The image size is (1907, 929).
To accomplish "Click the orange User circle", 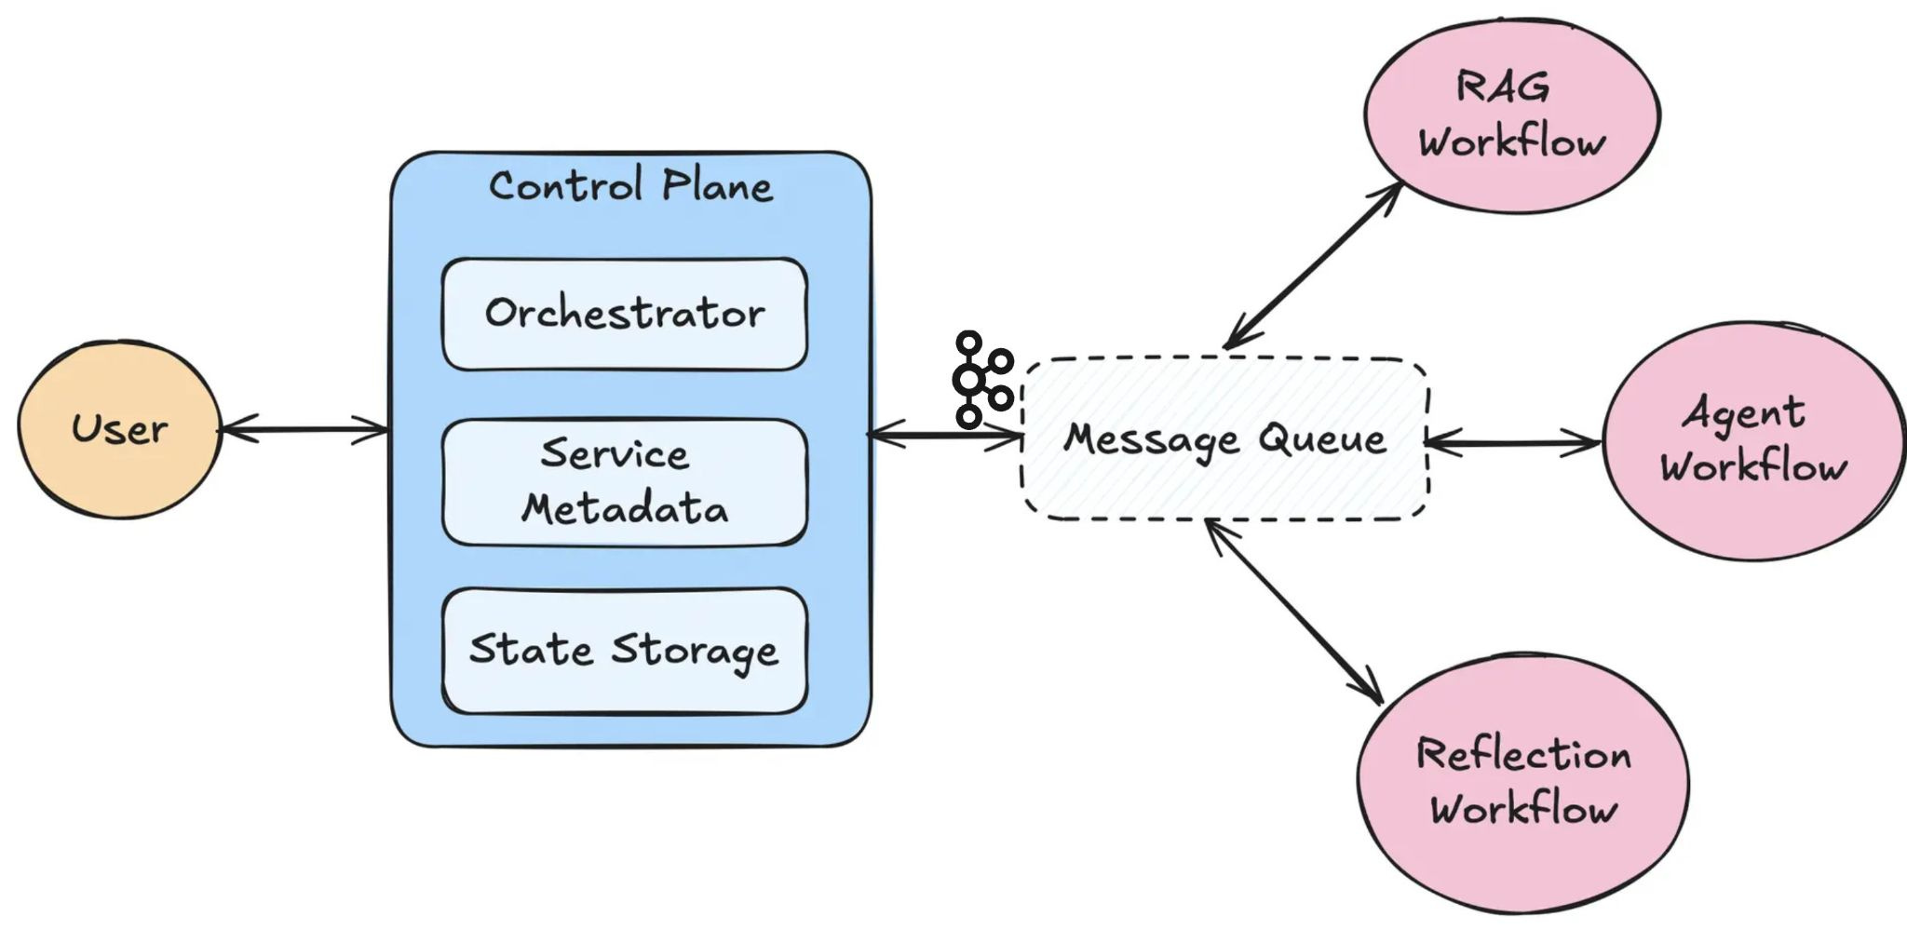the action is [x=120, y=429].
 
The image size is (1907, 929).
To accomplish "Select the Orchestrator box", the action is [x=624, y=315].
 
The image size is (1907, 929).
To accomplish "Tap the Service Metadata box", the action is [x=624, y=482].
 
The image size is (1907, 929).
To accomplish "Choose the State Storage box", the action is [x=624, y=651].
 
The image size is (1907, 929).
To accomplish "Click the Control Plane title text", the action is [x=630, y=185].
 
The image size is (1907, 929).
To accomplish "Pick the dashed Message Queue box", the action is [x=1224, y=438].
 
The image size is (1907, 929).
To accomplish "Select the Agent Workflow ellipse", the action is [x=1753, y=440].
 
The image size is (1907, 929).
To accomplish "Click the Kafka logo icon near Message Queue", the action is [x=982, y=380].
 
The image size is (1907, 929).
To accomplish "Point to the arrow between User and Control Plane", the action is [x=304, y=429].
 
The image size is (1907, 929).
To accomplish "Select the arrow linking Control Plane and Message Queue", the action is [x=945, y=435].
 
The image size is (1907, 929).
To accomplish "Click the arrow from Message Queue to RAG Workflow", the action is [x=1314, y=265].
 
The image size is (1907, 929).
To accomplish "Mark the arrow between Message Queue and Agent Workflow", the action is [x=1513, y=443].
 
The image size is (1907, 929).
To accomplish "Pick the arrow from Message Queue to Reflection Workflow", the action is [x=1293, y=611].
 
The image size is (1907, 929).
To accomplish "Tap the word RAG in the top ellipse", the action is [x=1503, y=88].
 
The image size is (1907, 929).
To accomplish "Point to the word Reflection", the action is [x=1523, y=754].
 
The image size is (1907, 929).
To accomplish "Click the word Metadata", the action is [x=624, y=509].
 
